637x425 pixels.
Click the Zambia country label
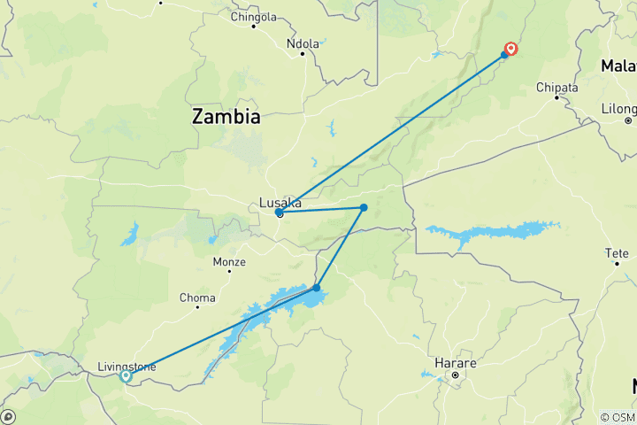tap(227, 117)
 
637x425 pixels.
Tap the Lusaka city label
tap(280, 203)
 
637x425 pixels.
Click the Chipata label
tap(557, 88)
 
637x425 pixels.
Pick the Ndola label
tap(302, 43)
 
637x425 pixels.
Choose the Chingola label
tap(253, 17)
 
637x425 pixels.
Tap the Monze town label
tap(229, 262)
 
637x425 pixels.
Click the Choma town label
tap(197, 298)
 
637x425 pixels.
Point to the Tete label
tap(616, 254)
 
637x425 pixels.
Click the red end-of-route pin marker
tap(510, 49)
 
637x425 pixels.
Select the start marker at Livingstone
tap(126, 376)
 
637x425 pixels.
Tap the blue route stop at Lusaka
tap(280, 213)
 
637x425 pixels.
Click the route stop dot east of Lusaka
tap(364, 208)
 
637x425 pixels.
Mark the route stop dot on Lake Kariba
tap(317, 288)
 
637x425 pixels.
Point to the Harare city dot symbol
tap(455, 375)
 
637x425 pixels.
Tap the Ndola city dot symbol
tap(303, 54)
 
